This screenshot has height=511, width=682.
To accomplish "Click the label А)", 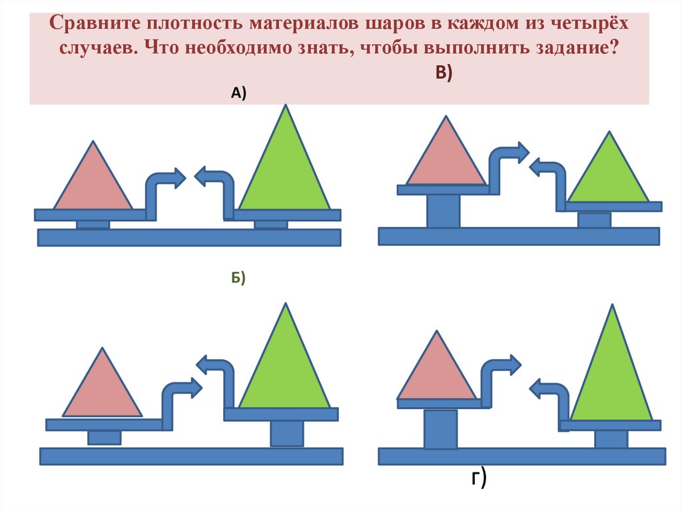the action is coord(238,94).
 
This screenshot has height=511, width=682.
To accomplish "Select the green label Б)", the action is coord(239,278).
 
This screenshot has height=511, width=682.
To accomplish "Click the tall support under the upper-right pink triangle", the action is coord(443,211).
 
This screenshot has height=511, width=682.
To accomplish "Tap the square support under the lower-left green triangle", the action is coord(287,433).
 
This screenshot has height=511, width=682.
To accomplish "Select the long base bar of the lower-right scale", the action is coord(521,456).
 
